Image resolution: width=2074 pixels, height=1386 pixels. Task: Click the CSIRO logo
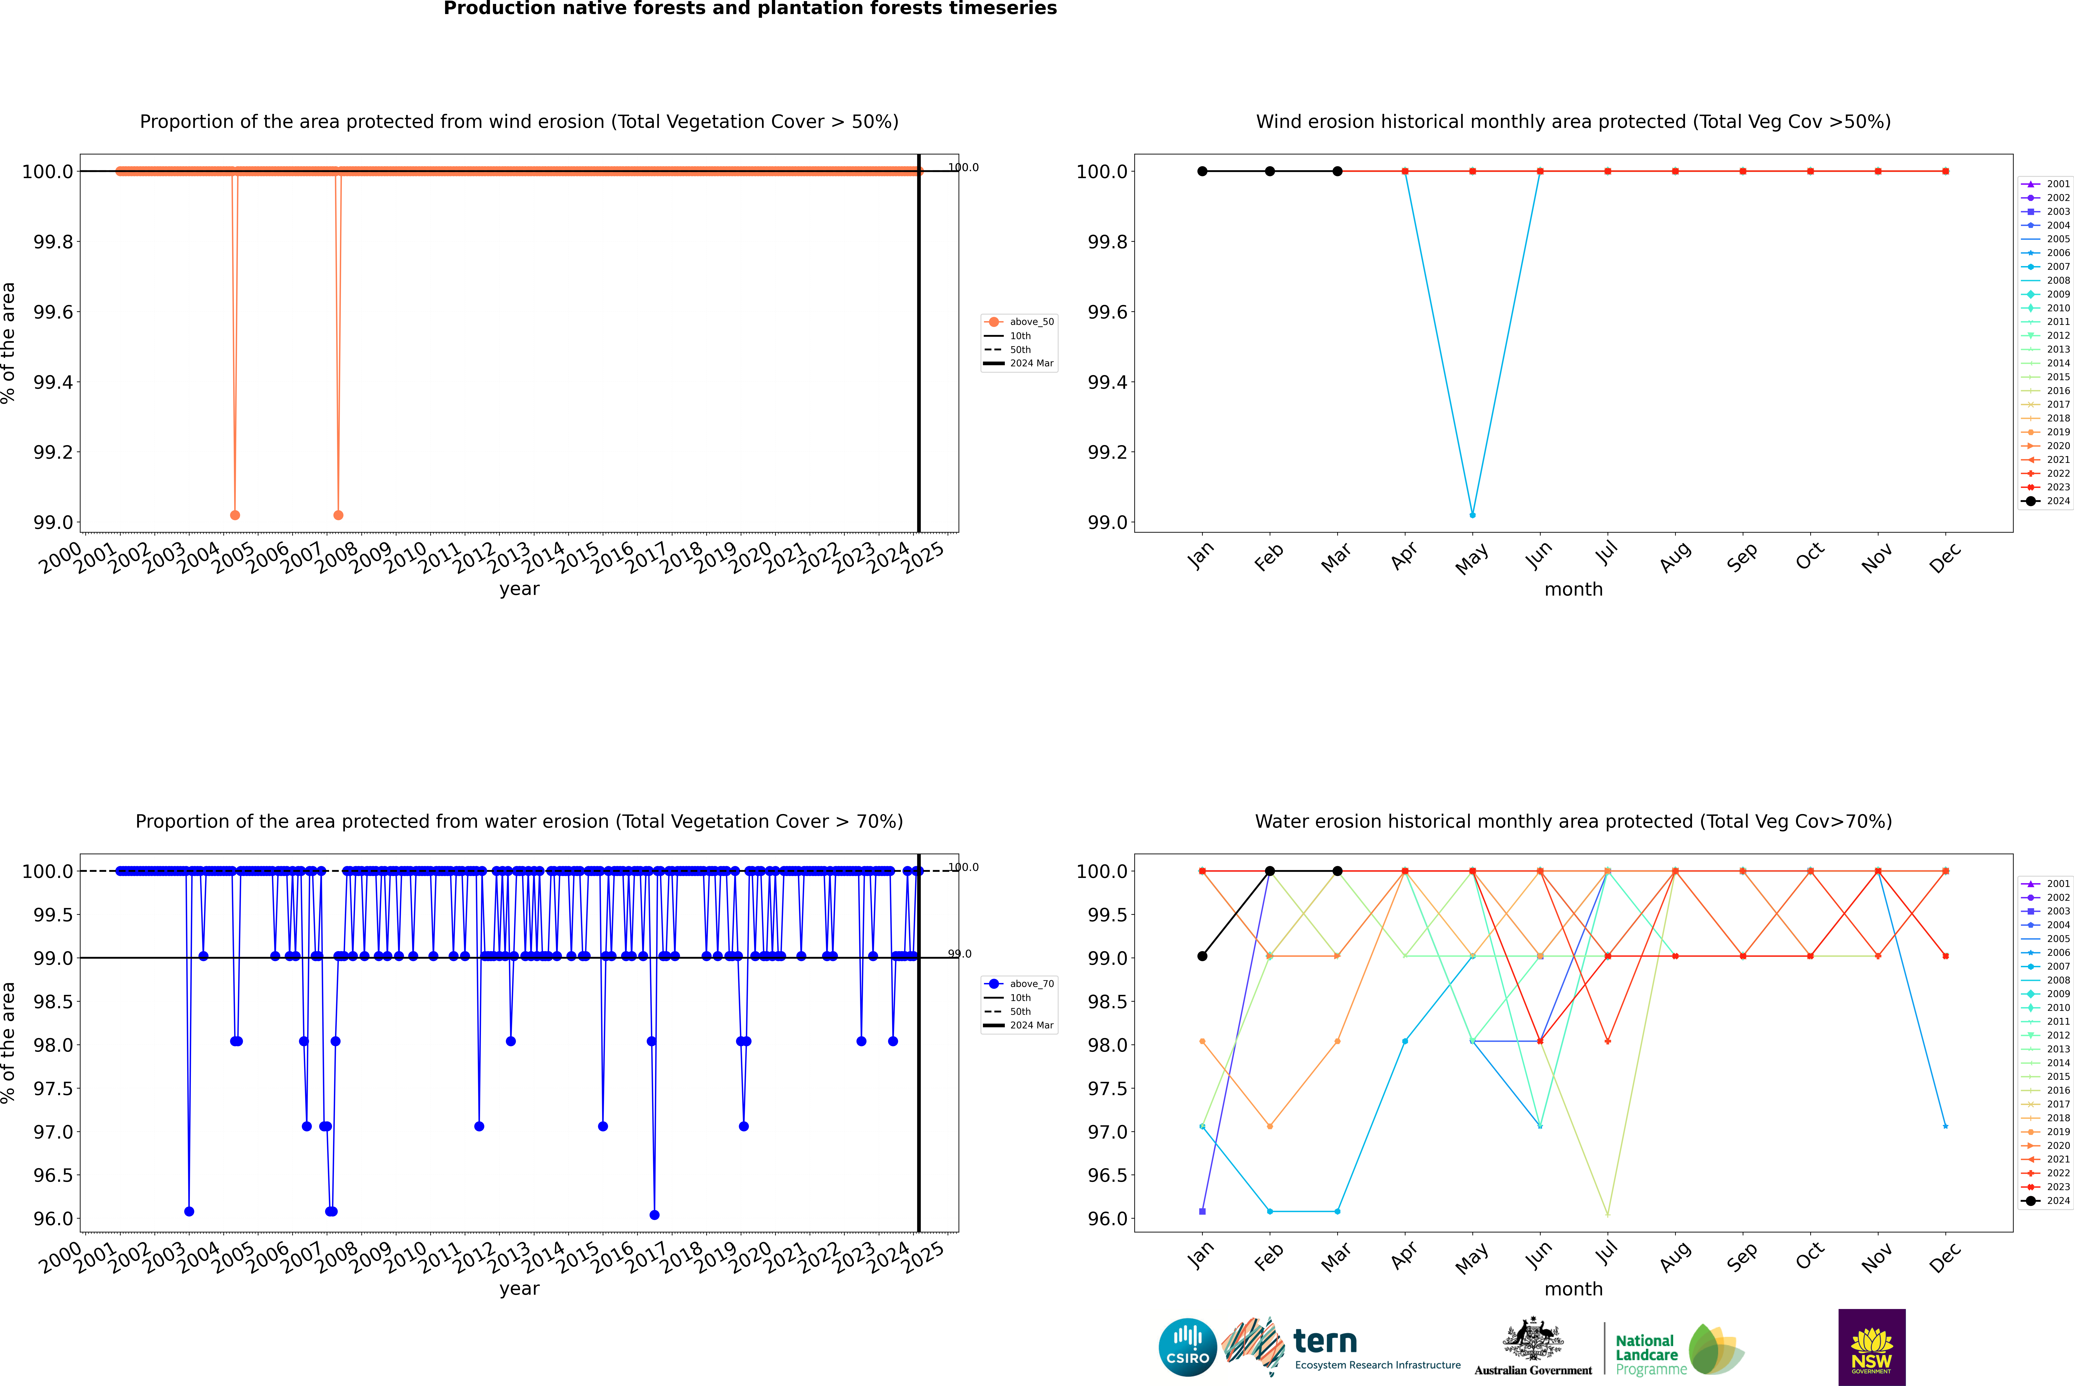[x=1187, y=1347]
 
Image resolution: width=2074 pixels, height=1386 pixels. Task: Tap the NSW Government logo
[x=1871, y=1347]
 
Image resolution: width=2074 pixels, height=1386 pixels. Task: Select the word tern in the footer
[x=1324, y=1342]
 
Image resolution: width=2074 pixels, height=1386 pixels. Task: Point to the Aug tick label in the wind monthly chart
[x=1675, y=557]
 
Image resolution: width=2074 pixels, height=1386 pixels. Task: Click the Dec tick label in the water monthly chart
[x=1945, y=1257]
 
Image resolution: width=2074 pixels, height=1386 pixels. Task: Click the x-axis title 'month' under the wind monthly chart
[x=1573, y=590]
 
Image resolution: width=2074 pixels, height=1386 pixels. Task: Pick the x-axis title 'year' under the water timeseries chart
[x=519, y=1289]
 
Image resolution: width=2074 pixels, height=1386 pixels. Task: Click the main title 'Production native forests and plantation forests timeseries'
[x=750, y=9]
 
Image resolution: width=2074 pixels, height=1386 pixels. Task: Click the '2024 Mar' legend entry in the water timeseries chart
[x=1031, y=1025]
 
